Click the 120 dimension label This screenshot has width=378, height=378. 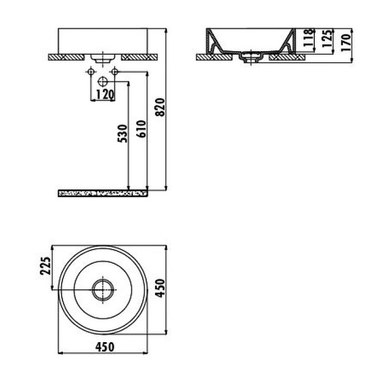(x=104, y=94)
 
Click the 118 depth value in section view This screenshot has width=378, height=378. (x=308, y=39)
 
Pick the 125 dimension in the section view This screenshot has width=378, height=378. (x=326, y=41)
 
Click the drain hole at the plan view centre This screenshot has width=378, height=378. (x=102, y=290)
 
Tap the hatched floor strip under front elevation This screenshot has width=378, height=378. (x=103, y=192)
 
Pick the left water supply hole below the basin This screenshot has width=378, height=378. (x=91, y=74)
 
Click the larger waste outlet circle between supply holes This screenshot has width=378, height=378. (x=103, y=81)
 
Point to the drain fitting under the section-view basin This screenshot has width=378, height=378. (x=253, y=59)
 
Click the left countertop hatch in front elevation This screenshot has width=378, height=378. (x=67, y=57)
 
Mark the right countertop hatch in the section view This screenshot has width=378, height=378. (x=287, y=57)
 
